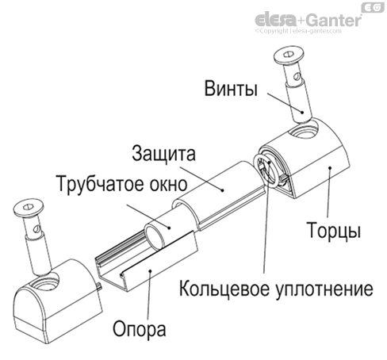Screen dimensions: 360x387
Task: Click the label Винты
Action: click(x=230, y=88)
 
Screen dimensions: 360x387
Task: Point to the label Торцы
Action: click(x=334, y=232)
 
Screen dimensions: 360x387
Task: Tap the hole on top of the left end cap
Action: click(x=45, y=282)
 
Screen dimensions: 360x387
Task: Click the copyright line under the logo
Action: click(x=308, y=32)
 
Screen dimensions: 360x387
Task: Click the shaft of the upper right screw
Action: click(x=298, y=98)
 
